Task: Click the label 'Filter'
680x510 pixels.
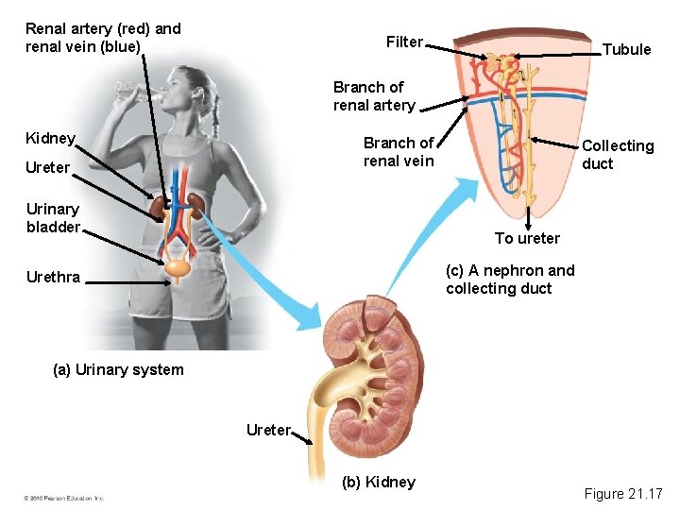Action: tap(404, 42)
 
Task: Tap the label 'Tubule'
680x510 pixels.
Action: tap(626, 49)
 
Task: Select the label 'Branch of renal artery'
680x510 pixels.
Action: tap(374, 96)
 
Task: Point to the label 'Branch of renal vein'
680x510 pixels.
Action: tap(399, 152)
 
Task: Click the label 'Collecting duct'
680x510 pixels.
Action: tap(618, 154)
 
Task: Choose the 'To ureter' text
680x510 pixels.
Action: tap(527, 238)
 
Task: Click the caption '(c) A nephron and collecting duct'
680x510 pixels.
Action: tap(510, 280)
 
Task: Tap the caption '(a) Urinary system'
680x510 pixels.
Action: tap(118, 369)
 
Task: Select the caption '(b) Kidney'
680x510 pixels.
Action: tap(379, 482)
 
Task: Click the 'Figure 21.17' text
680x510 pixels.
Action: tap(623, 493)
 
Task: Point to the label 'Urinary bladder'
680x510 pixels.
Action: tap(53, 217)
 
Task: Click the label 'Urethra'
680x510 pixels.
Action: tap(54, 278)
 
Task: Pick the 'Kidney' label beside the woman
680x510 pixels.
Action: tap(51, 138)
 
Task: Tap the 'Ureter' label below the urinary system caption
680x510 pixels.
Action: tap(268, 430)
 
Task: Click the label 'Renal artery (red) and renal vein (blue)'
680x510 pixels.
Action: tap(103, 38)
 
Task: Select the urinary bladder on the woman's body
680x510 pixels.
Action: tap(177, 269)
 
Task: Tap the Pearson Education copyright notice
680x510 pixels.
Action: tap(63, 498)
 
